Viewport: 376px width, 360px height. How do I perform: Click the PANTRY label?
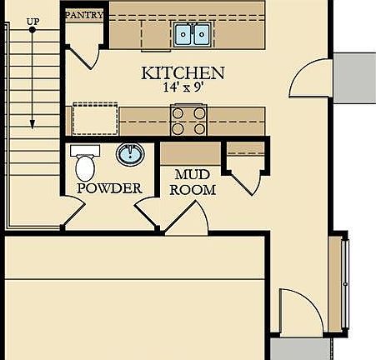(x=84, y=15)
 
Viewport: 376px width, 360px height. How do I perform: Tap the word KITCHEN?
(x=183, y=73)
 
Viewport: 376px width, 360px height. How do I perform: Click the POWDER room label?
(x=109, y=188)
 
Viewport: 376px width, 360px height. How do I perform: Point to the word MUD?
(x=193, y=176)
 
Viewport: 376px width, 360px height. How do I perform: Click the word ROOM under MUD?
(x=193, y=190)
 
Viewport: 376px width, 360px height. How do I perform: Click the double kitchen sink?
(x=193, y=34)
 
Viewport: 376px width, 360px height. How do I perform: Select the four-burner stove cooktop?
(x=188, y=120)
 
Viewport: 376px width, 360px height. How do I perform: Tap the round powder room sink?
(x=128, y=154)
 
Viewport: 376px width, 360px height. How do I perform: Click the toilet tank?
(x=85, y=151)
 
